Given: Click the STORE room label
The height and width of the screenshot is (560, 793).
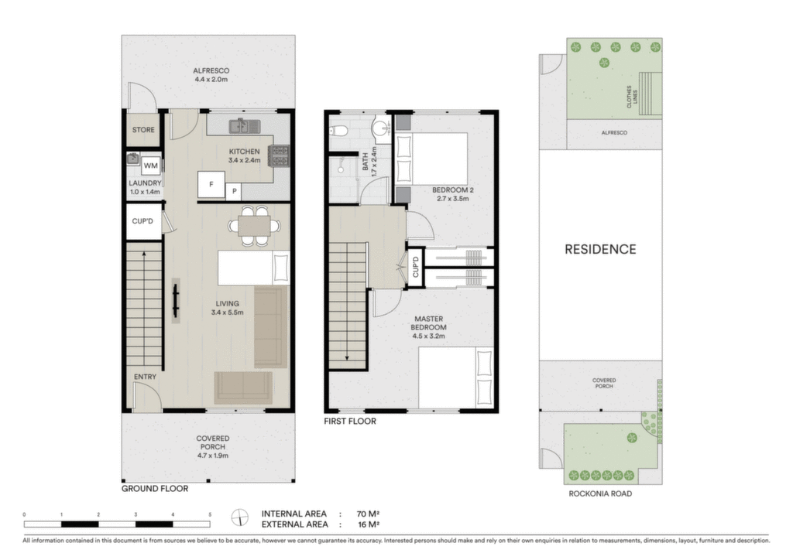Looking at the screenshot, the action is point(143,130).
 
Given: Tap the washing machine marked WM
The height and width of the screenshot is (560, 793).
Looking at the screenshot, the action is point(151,165).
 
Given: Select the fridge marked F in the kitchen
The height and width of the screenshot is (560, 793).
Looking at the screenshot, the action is point(211,184).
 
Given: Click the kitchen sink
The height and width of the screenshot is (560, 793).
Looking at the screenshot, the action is point(244,126).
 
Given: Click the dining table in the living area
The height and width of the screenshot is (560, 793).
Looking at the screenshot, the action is point(254,226).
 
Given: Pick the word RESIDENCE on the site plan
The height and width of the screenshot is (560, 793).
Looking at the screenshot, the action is point(600,249).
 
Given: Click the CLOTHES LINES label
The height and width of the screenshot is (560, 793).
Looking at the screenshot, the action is point(632,97).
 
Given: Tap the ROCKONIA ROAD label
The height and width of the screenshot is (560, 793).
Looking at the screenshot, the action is point(600,493).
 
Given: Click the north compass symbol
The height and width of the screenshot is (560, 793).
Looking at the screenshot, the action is point(240,518).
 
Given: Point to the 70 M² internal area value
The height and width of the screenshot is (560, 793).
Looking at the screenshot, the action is point(368,514).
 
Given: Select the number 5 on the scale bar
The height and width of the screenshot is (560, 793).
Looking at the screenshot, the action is point(210,514).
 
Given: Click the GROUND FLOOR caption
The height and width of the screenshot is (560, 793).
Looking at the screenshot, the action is point(155,488).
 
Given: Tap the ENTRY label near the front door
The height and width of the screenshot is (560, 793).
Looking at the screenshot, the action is point(145,377).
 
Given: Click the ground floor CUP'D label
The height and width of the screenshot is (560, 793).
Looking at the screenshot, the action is point(142,221).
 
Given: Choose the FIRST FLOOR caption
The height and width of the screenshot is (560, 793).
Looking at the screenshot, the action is point(350,421).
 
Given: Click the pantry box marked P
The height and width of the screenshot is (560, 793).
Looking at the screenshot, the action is point(234,191).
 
